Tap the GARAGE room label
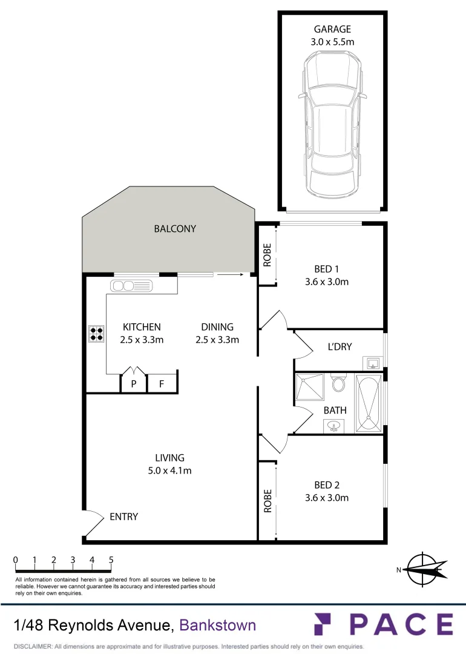(332, 29)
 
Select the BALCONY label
(175, 229)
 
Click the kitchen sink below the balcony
(133, 285)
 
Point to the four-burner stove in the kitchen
(96, 334)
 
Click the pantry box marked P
(133, 384)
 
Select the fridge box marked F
(162, 384)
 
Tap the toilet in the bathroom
(338, 383)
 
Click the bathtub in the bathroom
(368, 403)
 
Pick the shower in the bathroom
(310, 388)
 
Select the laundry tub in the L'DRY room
(374, 363)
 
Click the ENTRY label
(123, 517)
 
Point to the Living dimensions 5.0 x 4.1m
(169, 471)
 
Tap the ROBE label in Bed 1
(267, 255)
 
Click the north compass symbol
(423, 569)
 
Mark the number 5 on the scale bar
(111, 560)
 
